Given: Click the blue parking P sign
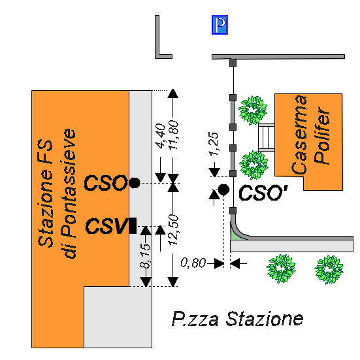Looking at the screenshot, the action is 220,25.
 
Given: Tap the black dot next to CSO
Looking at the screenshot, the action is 135,183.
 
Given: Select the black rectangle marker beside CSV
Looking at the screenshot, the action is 133,226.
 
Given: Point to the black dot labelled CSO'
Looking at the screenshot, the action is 223,189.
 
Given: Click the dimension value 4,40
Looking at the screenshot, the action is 160,136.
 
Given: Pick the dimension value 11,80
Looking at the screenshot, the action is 173,135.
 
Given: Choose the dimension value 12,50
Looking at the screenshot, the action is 173,230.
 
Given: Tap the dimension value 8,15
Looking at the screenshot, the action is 145,256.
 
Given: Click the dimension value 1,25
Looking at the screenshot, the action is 213,144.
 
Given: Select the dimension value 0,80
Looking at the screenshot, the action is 193,263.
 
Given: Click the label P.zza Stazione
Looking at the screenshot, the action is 237,319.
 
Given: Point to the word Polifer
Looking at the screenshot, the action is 322,135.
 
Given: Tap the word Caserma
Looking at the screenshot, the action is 299,135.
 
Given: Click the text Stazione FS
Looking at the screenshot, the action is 45,193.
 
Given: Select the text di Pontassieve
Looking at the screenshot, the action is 69,193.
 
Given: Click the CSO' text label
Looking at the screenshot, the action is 263,192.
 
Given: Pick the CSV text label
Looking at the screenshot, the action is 106,226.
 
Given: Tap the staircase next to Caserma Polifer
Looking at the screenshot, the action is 267,137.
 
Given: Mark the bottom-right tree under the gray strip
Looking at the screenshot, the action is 329,270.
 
